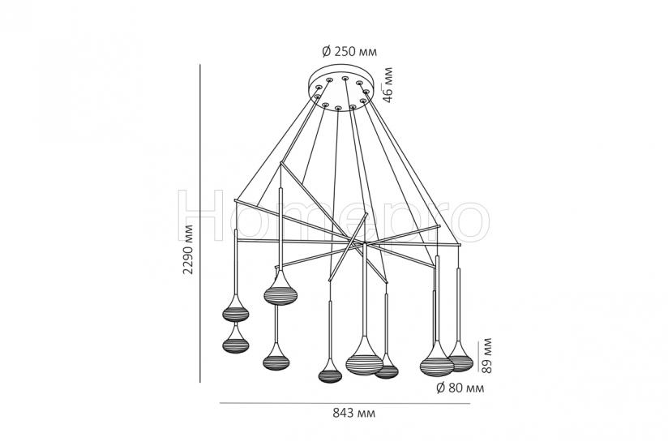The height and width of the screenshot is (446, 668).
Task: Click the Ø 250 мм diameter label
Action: (x=349, y=52)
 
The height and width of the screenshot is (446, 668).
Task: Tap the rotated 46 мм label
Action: (x=388, y=85)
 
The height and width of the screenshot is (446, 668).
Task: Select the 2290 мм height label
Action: (x=188, y=249)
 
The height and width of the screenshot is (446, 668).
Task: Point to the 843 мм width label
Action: (x=353, y=413)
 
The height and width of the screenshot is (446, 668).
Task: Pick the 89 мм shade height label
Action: (x=486, y=356)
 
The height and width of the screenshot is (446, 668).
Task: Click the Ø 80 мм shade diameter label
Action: (x=460, y=388)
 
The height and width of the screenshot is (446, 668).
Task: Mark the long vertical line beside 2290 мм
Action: (x=199, y=223)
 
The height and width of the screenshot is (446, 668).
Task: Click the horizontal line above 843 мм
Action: (x=345, y=403)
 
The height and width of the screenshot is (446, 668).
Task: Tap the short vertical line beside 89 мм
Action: (x=477, y=357)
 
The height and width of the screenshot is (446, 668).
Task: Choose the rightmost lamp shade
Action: (x=460, y=357)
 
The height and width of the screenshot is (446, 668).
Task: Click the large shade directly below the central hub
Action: (x=364, y=357)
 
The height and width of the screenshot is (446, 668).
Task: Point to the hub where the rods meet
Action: (x=365, y=242)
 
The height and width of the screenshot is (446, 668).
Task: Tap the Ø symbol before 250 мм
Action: (x=326, y=52)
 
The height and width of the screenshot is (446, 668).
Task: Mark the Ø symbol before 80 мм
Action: (x=440, y=388)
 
